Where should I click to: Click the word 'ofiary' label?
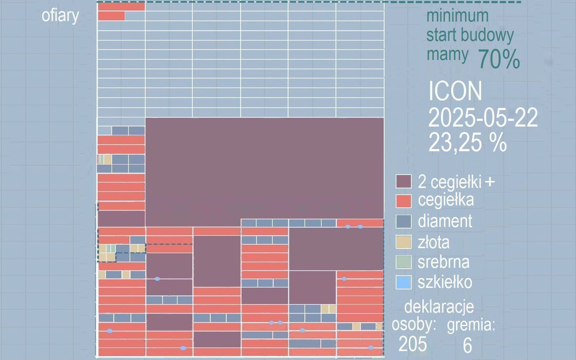[60, 16]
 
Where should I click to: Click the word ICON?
[455, 91]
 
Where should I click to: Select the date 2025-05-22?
[483, 118]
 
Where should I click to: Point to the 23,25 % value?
[467, 142]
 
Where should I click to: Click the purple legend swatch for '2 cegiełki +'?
[403, 181]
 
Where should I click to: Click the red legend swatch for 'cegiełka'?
[403, 201]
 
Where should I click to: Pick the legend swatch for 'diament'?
[403, 222]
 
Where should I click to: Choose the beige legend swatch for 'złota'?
[403, 242]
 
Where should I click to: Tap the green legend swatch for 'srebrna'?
[403, 262]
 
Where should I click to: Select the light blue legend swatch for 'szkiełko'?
[403, 282]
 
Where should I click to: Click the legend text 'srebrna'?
[443, 262]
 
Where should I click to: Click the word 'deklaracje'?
[439, 307]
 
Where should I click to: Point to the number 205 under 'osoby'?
[412, 344]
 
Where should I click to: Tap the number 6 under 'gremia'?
[467, 345]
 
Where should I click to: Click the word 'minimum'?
[457, 16]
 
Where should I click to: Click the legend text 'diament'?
[445, 221]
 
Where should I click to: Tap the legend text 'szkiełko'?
[445, 282]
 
